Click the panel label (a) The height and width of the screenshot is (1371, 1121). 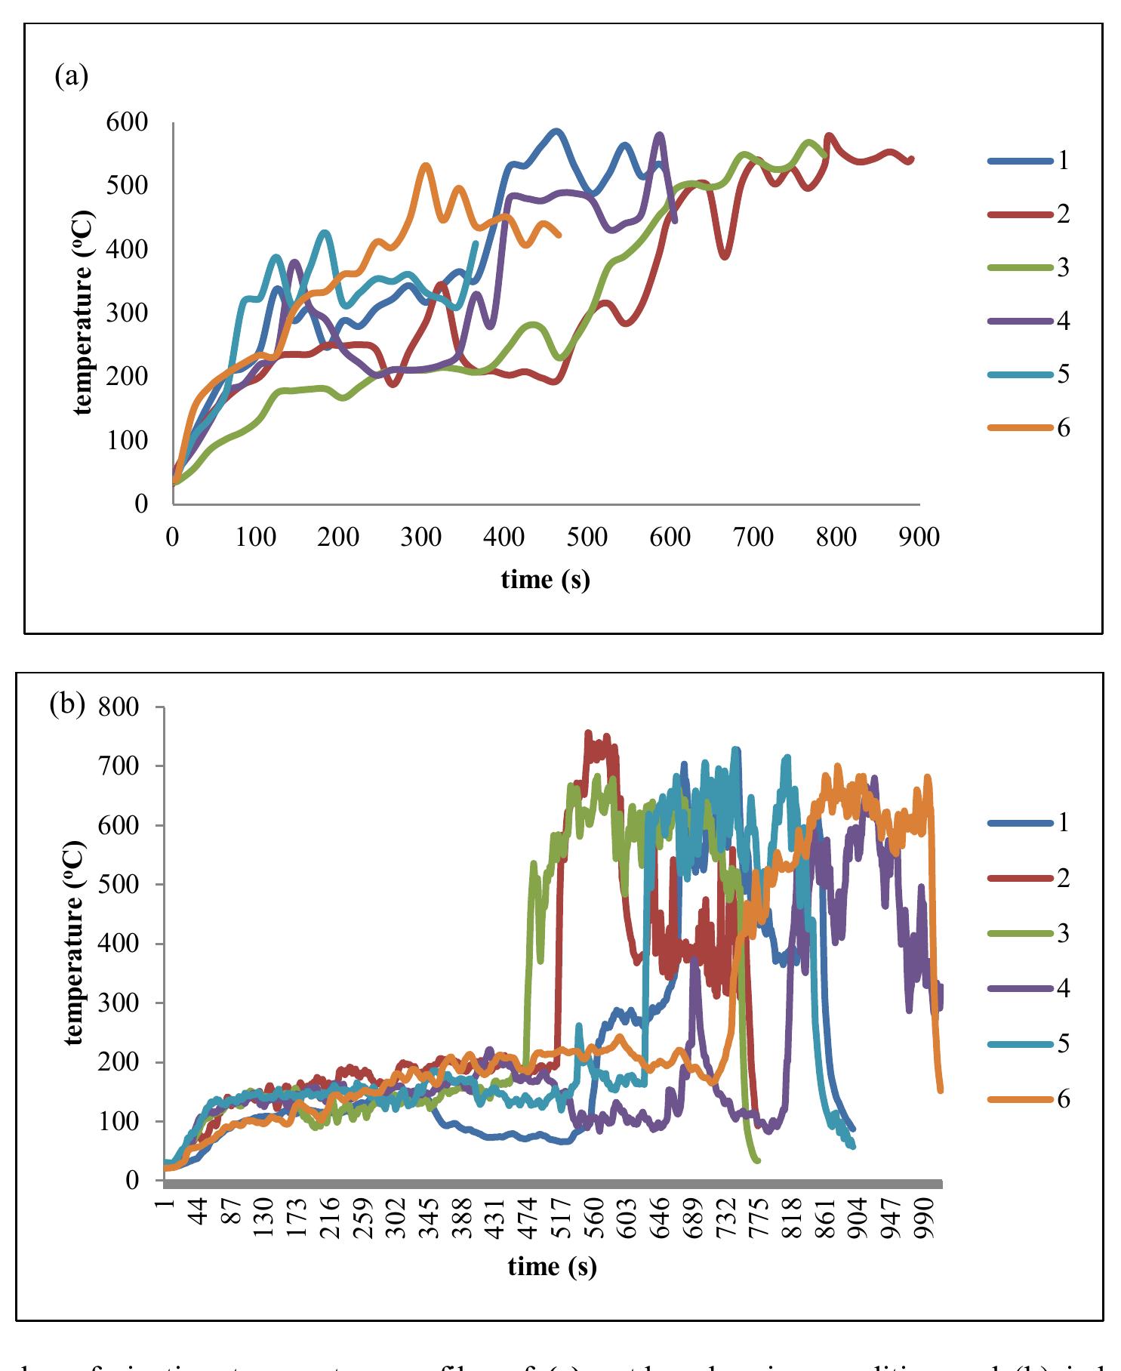tap(72, 76)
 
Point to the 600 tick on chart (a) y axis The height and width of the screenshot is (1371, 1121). tap(128, 122)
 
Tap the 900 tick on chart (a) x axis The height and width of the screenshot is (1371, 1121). tap(919, 537)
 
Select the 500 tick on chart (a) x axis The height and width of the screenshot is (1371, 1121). tap(587, 537)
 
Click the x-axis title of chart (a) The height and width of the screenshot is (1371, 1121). tap(545, 579)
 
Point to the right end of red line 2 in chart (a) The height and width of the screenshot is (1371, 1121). tap(912, 159)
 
